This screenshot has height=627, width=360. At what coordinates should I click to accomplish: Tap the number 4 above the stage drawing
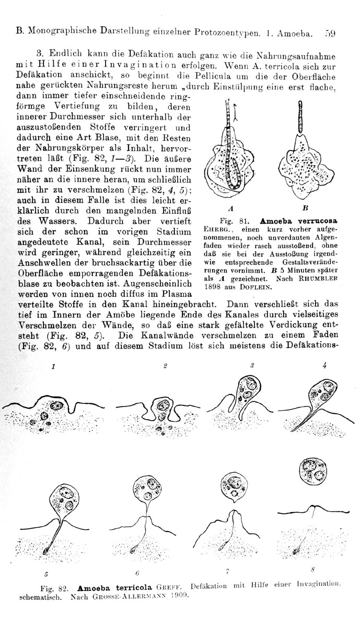click(x=324, y=366)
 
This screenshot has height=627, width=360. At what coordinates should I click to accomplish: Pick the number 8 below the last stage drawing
click(x=312, y=568)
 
